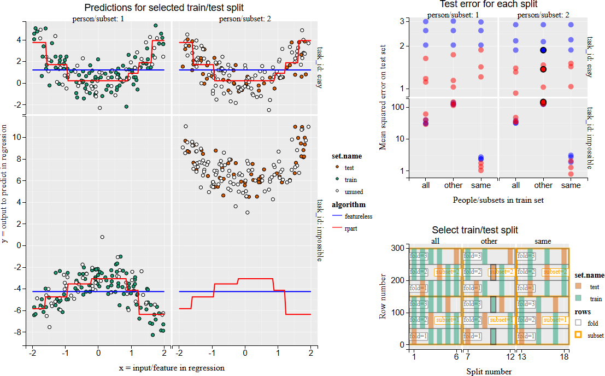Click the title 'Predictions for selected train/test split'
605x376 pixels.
(164, 8)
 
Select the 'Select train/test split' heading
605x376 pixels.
(474, 230)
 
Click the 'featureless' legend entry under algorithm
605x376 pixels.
(358, 216)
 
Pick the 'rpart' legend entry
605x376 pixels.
(351, 228)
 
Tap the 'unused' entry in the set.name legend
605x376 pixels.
(354, 192)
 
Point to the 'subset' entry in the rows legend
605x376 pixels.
(595, 335)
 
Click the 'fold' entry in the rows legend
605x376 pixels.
(592, 323)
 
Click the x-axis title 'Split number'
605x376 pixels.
(489, 372)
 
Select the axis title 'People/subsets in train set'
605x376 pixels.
(498, 200)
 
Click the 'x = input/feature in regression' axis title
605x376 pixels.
(171, 368)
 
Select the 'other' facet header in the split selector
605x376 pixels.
(489, 241)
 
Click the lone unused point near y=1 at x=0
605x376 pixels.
(102, 237)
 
